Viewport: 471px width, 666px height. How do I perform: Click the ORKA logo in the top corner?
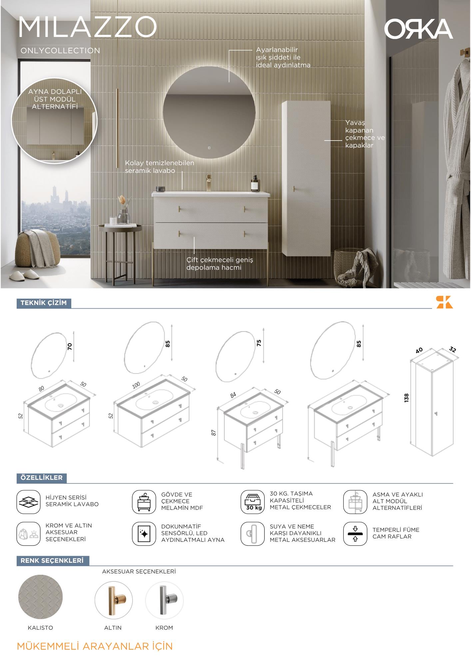418,29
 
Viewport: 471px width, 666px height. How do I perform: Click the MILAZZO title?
88,27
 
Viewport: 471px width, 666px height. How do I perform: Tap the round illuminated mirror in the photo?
209,112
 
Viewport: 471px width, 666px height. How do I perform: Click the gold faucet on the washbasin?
209,182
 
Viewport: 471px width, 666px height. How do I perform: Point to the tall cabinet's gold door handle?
294,189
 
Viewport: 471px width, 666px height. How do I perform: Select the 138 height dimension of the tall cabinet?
406,398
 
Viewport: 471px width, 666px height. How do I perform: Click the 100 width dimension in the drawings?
136,385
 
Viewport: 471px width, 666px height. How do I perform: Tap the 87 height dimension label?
214,433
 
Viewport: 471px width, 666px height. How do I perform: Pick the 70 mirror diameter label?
70,346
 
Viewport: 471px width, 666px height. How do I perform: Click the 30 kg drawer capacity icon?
252,501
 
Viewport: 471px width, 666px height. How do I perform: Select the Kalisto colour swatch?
40,597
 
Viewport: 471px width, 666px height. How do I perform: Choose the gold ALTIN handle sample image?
113,600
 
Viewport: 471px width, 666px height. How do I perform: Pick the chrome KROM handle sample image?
164,600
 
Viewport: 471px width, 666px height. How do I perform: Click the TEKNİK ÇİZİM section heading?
44,303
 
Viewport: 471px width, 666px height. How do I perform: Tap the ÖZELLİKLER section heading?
42,478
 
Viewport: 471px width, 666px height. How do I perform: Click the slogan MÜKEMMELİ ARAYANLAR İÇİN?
95,646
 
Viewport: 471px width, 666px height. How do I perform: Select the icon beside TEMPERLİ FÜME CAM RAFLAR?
355,533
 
